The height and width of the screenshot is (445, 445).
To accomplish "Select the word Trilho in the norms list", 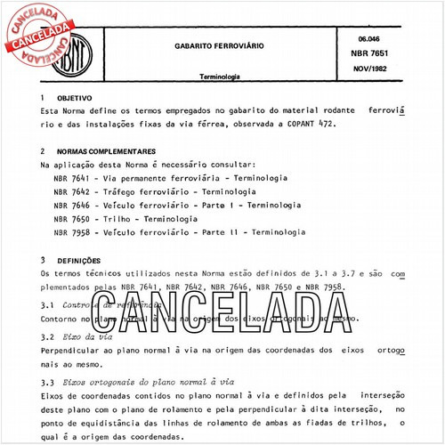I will tap(117, 218).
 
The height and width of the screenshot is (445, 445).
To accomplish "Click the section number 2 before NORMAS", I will tap(43, 151).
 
